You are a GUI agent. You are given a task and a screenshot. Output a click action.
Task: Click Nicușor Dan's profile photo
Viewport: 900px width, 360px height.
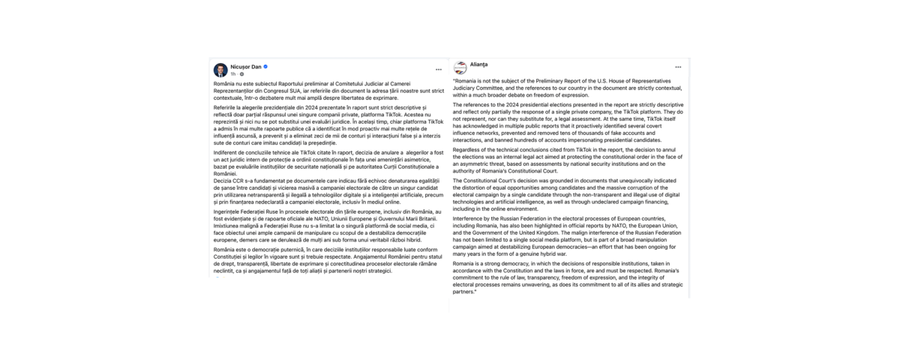click(x=220, y=70)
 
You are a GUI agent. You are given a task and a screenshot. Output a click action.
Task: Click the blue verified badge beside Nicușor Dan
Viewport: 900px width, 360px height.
click(x=265, y=66)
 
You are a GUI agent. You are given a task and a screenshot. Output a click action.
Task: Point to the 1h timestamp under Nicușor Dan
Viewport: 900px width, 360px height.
click(x=233, y=74)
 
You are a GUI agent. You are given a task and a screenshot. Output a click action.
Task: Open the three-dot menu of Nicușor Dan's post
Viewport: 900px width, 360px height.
click(x=439, y=70)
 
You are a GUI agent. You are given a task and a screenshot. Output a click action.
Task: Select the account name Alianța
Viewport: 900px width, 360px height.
click(x=479, y=64)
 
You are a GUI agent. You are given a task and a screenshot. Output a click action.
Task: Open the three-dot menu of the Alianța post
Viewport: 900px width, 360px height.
click(x=678, y=67)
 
